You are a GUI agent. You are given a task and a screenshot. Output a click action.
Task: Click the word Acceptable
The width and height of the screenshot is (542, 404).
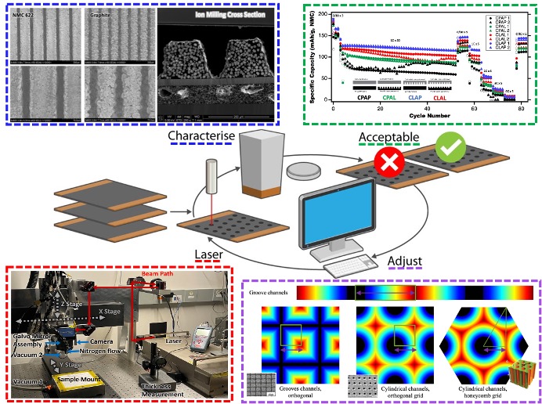pyautogui.click(x=390, y=138)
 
